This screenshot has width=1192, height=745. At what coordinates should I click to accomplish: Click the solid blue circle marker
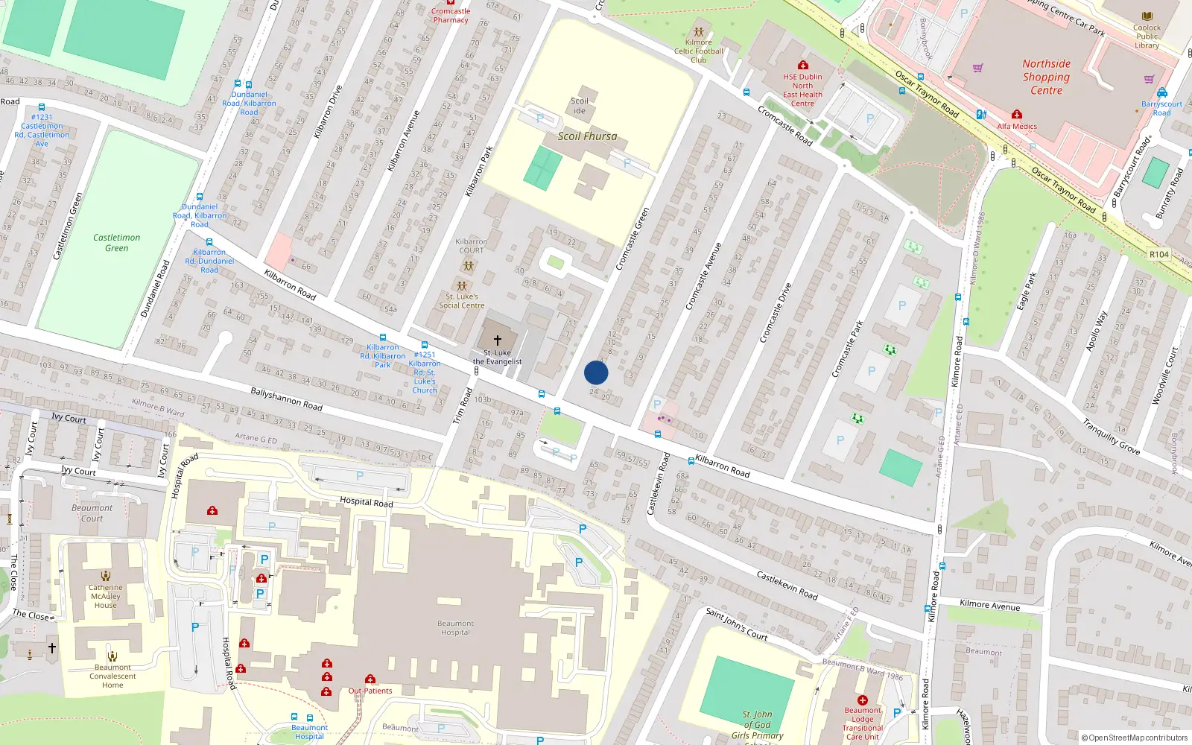point(596,372)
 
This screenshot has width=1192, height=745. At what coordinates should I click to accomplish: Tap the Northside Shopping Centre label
point(1046,77)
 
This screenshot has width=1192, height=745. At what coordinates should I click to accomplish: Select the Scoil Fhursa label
point(587,136)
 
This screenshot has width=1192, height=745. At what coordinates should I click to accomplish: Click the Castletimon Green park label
point(116,243)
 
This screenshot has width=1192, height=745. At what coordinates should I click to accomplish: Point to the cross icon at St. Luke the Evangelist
point(497,340)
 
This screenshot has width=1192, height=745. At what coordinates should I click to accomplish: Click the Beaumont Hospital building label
point(455,628)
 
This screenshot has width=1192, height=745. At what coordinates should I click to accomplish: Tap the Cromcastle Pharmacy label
point(451,16)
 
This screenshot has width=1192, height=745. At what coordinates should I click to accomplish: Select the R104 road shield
point(1159,254)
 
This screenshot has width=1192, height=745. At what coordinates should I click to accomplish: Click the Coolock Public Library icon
point(1147,16)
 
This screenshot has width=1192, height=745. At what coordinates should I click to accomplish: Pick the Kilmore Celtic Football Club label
point(698,51)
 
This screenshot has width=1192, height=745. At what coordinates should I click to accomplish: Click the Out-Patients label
point(370,691)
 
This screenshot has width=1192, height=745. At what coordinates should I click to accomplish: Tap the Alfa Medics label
point(1017,127)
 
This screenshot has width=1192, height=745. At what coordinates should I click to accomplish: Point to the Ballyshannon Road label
point(286,399)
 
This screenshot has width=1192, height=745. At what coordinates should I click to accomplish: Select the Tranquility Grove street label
point(1111,437)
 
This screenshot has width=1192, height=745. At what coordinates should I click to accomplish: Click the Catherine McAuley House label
point(106,596)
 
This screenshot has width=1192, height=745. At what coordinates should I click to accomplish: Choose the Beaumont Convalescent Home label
point(112,676)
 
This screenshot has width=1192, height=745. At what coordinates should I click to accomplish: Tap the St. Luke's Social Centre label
point(462,301)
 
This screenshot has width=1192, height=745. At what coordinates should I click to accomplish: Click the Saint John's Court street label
point(736,624)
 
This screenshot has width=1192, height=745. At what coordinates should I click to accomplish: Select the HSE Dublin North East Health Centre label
point(802,90)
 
